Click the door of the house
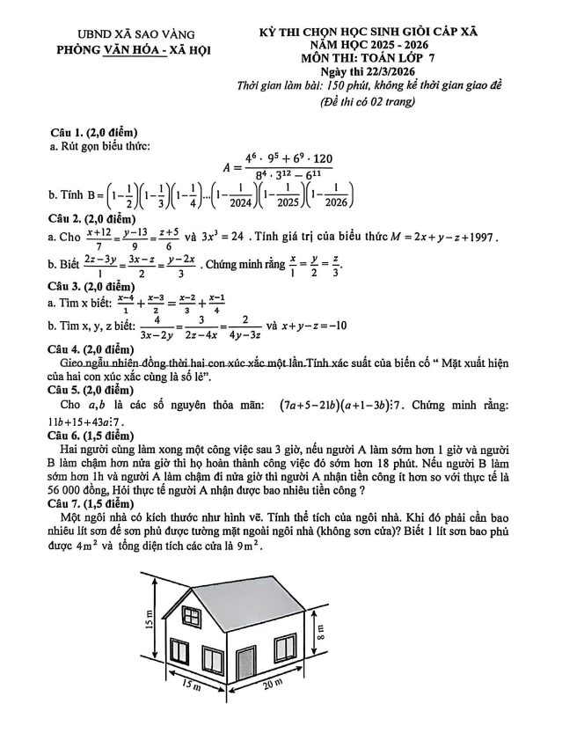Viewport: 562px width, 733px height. [245, 667]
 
